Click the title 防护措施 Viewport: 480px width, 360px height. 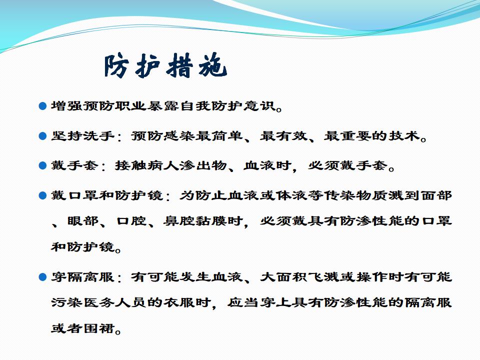[x=165, y=65]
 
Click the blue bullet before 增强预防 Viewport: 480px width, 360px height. [x=42, y=106]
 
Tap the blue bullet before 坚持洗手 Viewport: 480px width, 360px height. [x=42, y=136]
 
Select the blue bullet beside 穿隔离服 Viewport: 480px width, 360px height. [x=42, y=277]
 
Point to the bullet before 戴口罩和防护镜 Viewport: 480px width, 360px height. [x=42, y=195]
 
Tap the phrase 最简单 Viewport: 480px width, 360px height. [x=220, y=135]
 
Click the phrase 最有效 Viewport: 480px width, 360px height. [x=284, y=135]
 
